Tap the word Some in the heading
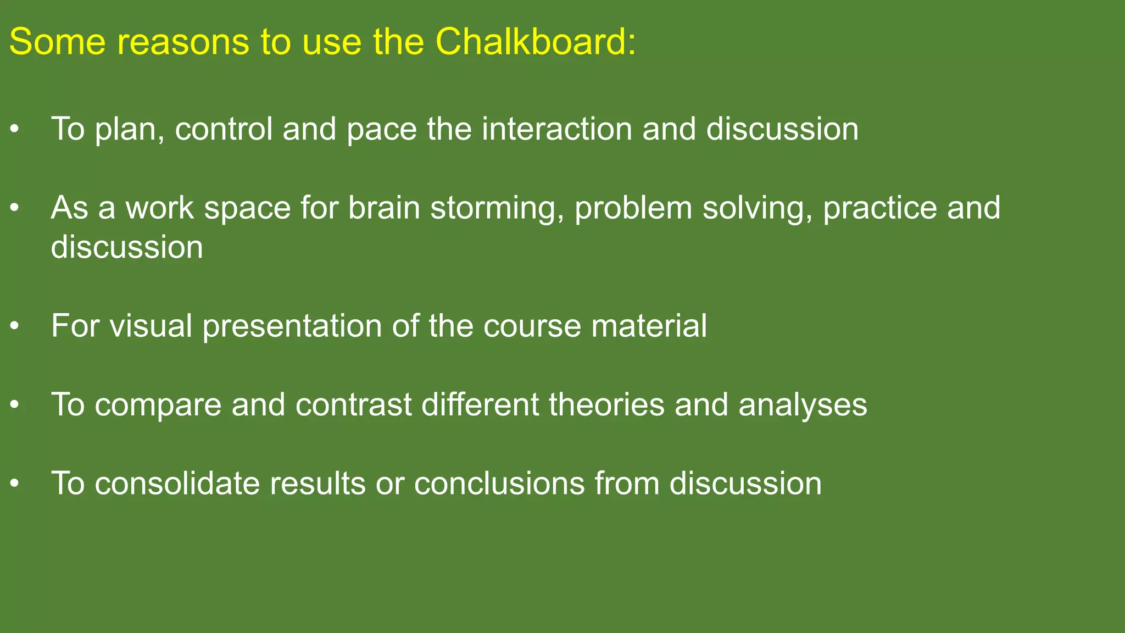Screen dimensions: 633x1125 (57, 42)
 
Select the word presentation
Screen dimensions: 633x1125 (292, 326)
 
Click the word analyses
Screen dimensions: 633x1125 (803, 405)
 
